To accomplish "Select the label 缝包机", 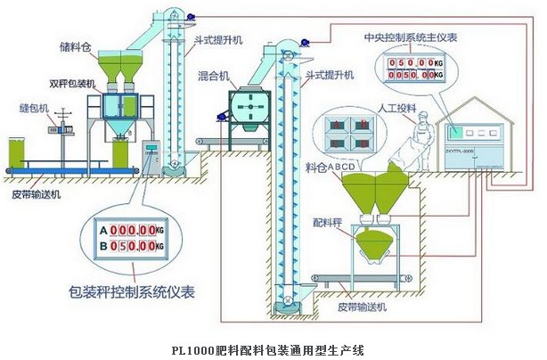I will click(32, 102).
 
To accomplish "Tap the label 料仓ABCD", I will click(326, 167).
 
